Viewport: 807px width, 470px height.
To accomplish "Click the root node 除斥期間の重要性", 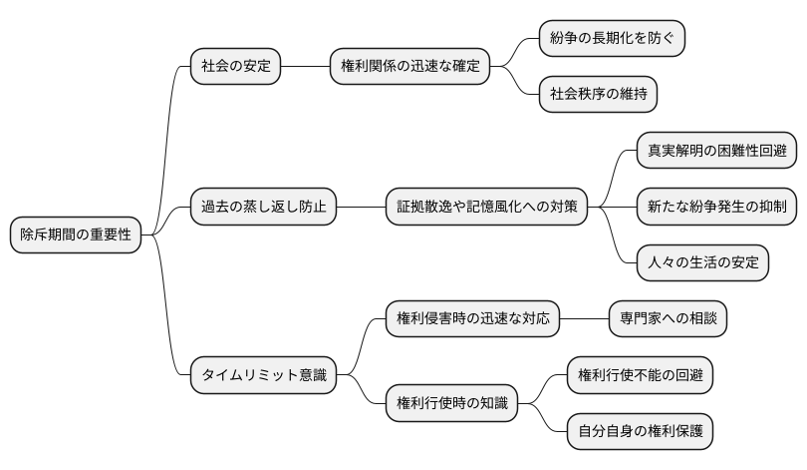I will [76, 235].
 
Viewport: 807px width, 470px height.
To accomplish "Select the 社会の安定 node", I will [235, 67].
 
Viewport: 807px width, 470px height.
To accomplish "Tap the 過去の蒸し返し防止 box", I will [264, 208].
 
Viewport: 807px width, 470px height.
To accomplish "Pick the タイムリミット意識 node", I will [263, 375].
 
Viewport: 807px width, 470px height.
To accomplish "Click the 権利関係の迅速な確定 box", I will [409, 67].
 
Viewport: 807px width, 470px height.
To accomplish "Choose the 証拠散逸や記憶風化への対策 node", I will [486, 208].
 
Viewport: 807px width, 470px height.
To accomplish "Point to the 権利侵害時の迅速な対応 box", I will [472, 319].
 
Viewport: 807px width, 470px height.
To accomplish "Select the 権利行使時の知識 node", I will [451, 403].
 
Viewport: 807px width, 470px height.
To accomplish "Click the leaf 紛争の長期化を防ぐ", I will [612, 39].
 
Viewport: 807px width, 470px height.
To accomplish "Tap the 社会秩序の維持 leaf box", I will [598, 95].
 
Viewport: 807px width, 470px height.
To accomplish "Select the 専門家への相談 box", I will [668, 319].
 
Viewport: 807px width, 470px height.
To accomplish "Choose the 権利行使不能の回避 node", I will [640, 375].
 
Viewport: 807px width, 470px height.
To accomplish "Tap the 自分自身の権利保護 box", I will [640, 431].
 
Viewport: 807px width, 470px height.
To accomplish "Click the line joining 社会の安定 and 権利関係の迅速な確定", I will [305, 67].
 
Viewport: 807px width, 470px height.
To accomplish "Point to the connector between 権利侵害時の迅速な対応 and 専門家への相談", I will [584, 319].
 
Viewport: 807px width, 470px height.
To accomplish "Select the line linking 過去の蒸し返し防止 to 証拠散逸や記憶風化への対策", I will [361, 208].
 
